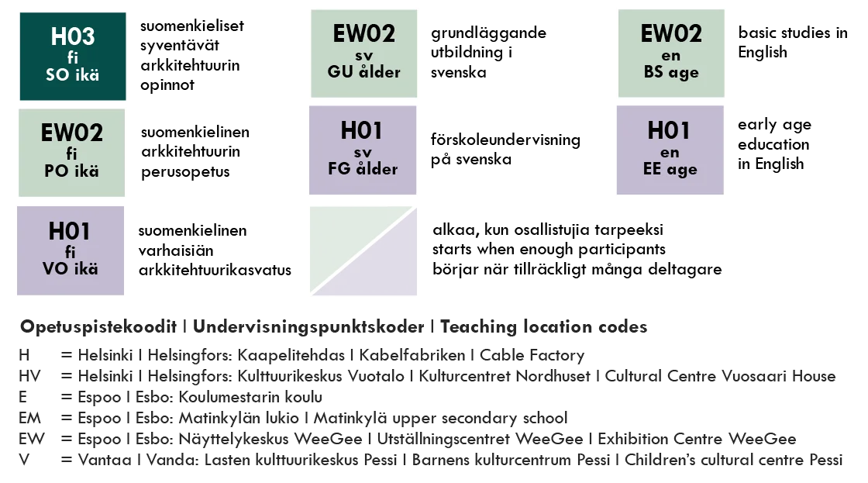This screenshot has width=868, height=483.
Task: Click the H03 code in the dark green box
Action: [x=73, y=36]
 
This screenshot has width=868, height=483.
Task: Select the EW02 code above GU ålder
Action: [x=363, y=33]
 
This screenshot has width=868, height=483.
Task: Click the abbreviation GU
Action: [x=339, y=72]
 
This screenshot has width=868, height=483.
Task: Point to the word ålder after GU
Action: [x=378, y=72]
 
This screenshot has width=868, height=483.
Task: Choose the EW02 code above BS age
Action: [x=670, y=33]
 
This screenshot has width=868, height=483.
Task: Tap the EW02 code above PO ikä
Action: [x=71, y=133]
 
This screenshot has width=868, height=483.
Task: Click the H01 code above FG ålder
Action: [x=362, y=130]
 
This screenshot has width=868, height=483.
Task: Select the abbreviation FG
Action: [x=340, y=169]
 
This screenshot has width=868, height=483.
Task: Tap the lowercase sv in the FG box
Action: [x=362, y=151]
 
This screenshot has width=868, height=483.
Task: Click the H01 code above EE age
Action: [x=669, y=130]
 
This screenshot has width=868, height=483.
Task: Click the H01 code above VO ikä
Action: [x=70, y=231]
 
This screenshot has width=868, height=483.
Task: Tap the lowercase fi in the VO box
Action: [x=70, y=251]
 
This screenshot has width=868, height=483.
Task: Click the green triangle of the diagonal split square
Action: [x=341, y=236]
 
